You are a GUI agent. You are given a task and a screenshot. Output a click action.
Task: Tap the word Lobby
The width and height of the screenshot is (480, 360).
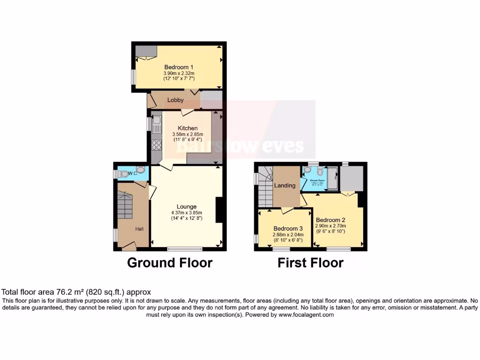point(175,100)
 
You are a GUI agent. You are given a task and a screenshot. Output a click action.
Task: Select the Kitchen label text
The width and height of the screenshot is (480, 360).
point(187,128)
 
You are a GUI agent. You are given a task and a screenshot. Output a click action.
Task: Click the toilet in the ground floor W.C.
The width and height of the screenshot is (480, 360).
point(123,174)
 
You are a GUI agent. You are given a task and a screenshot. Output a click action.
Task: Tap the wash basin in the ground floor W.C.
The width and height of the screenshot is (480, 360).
point(140,170)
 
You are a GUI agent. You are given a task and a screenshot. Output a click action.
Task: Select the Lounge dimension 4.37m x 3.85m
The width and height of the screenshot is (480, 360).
point(187,212)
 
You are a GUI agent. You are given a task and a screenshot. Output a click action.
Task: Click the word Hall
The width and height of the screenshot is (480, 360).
point(140,229)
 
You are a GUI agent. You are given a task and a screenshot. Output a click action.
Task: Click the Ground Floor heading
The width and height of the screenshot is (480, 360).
point(170,263)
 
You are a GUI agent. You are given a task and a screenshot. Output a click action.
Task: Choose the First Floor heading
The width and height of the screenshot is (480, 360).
point(310,263)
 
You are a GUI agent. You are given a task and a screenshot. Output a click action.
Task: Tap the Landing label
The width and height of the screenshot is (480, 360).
point(285,186)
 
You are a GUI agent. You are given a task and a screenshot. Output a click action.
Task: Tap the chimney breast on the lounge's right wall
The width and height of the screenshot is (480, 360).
point(218,210)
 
